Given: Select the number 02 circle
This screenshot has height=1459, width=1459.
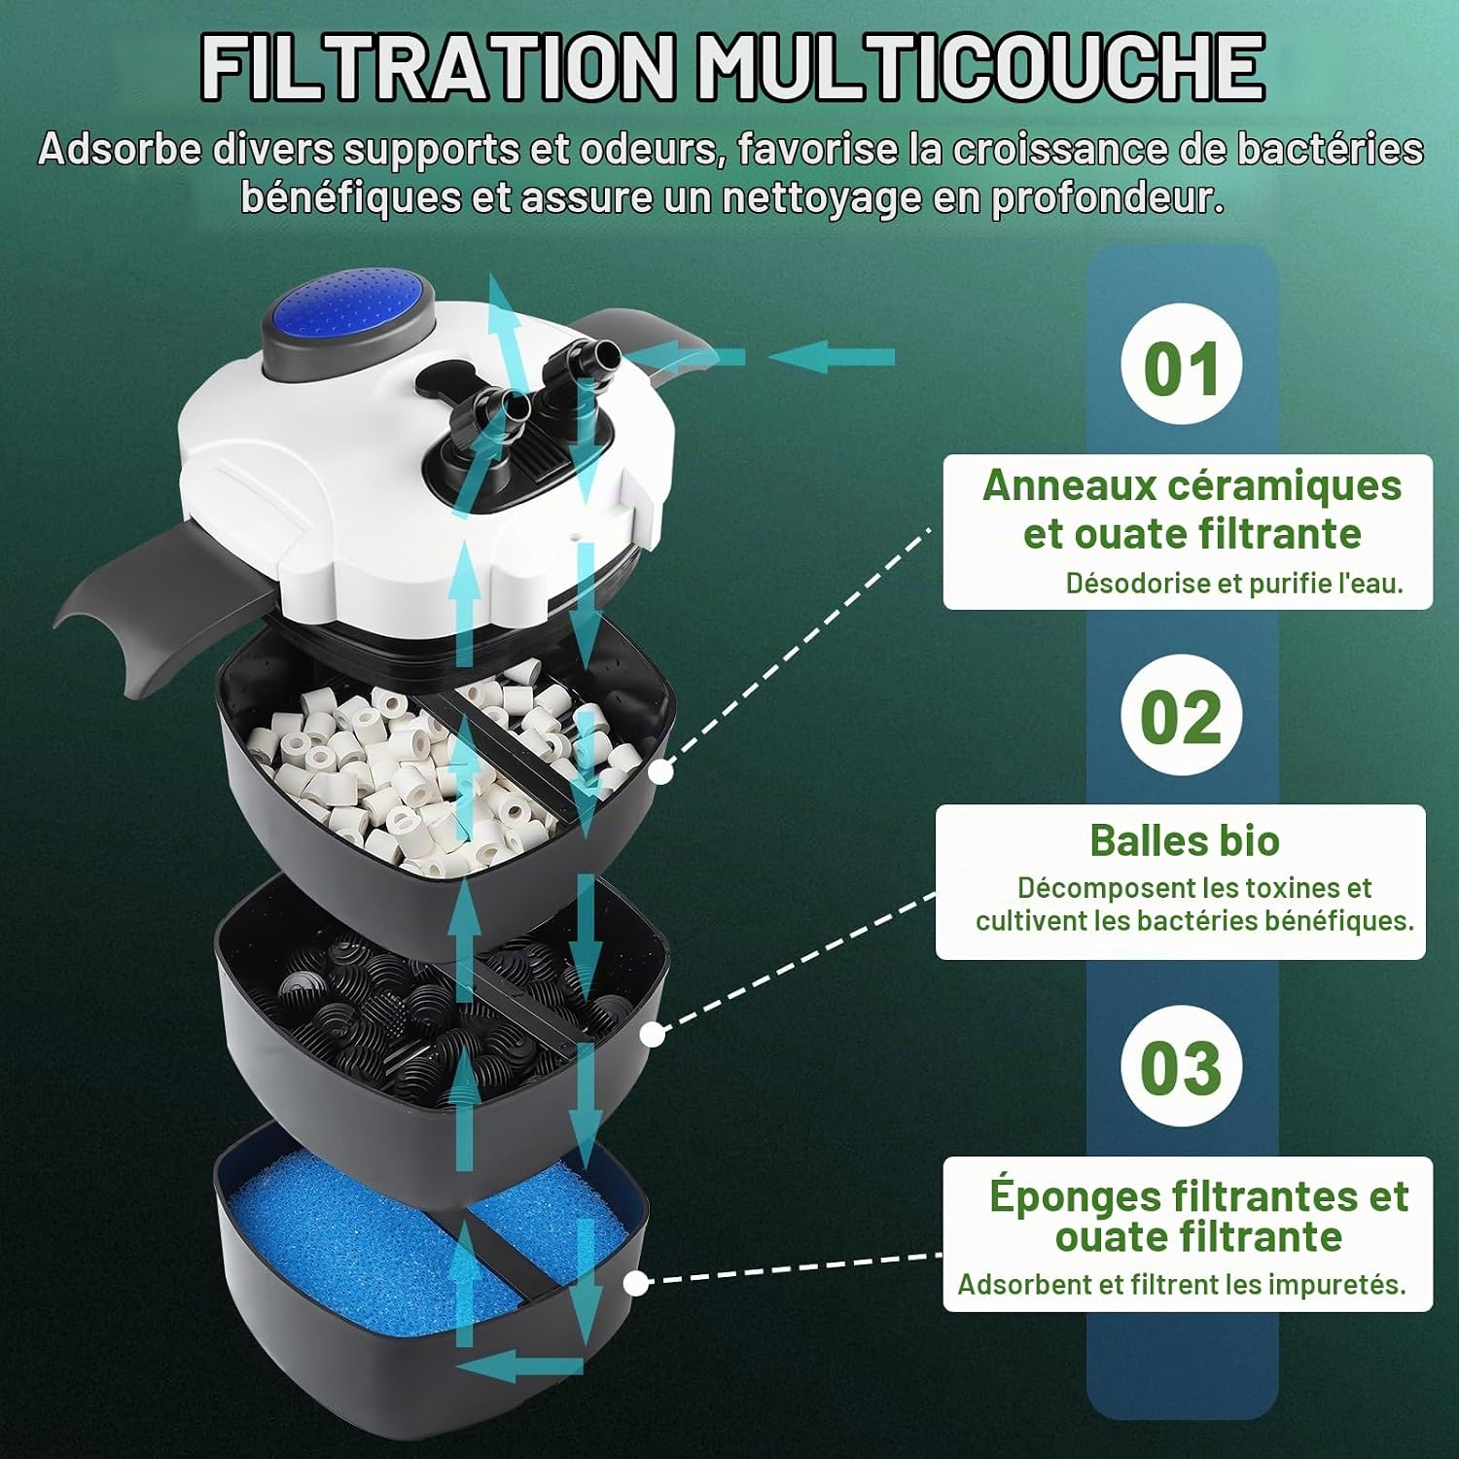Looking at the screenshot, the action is (x=1181, y=716).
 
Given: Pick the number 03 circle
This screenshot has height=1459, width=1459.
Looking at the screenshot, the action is (x=1181, y=1066).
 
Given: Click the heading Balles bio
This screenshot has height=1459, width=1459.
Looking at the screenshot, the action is (x=1184, y=840).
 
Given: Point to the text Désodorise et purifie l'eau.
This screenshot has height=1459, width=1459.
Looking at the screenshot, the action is (x=1234, y=583).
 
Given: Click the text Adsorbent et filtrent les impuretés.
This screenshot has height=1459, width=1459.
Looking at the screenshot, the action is (x=1182, y=1284).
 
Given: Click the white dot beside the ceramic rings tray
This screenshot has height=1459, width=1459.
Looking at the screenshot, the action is (x=661, y=772).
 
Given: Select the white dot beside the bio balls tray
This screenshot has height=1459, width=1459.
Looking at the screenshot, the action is (x=654, y=1034).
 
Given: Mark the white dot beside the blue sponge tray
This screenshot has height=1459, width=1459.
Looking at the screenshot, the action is (x=636, y=1283).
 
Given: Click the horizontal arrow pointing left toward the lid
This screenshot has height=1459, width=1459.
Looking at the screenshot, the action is (x=831, y=357).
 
